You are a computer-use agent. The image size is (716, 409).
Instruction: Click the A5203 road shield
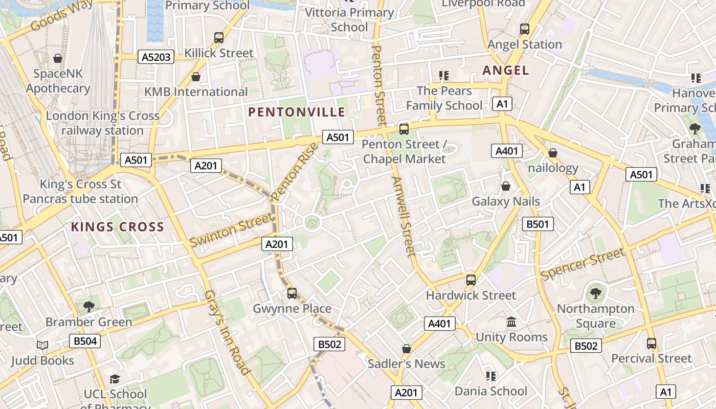[156, 57]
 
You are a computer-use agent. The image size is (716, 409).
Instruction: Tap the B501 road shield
[538, 223]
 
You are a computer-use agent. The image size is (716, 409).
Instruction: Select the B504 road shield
[85, 341]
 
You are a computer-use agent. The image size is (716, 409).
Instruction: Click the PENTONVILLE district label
[297, 112]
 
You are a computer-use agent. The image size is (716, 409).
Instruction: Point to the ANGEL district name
[506, 70]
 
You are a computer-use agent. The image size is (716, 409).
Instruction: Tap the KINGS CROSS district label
[117, 226]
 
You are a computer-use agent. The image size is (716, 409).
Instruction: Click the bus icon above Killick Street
[219, 37]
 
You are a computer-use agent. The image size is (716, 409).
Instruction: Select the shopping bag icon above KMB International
[195, 77]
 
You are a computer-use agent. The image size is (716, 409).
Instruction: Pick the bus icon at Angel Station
[525, 29]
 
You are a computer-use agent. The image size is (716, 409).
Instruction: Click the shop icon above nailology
[552, 153]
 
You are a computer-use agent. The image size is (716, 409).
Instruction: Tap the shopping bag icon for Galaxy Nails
[506, 186]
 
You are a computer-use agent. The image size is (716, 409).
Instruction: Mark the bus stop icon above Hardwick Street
[471, 280]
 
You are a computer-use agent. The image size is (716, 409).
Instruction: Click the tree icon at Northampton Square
[595, 293]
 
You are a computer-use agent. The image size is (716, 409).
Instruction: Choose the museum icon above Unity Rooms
[511, 322]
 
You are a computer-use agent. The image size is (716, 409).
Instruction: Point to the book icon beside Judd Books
[42, 346]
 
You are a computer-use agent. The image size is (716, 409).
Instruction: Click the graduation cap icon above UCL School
[115, 379]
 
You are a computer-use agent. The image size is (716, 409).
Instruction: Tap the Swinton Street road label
[231, 231]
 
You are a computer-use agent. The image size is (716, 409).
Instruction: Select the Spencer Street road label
[583, 264]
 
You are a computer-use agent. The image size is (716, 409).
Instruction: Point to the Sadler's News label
[407, 363]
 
